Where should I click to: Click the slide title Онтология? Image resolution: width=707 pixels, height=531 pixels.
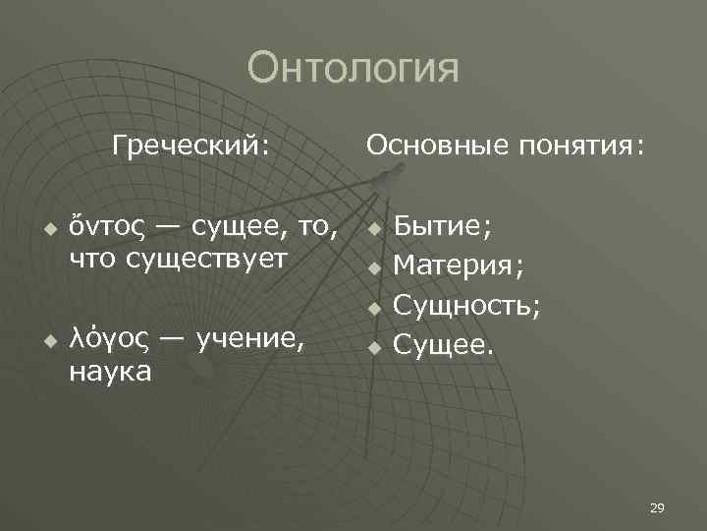[x=353, y=70]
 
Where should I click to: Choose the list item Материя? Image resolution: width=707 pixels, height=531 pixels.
[x=459, y=265]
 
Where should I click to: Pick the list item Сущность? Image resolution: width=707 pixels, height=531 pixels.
[x=466, y=306]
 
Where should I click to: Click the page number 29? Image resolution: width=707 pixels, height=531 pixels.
[x=657, y=507]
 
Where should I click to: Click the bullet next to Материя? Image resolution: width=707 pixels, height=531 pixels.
[x=373, y=267]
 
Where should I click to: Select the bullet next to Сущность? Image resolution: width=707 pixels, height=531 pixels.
[x=373, y=308]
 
